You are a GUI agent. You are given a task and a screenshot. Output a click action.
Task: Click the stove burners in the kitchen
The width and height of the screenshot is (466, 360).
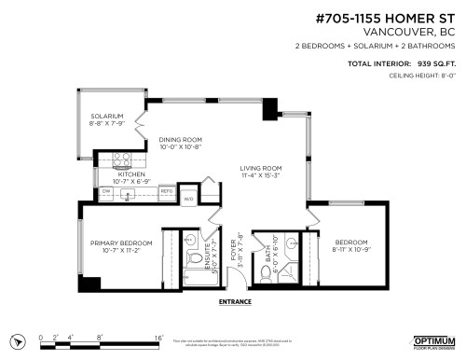(120, 158)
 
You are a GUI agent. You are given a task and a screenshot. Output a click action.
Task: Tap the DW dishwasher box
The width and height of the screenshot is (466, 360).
(105, 192)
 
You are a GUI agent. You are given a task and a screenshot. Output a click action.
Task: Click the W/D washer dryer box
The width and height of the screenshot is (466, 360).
(187, 198)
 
